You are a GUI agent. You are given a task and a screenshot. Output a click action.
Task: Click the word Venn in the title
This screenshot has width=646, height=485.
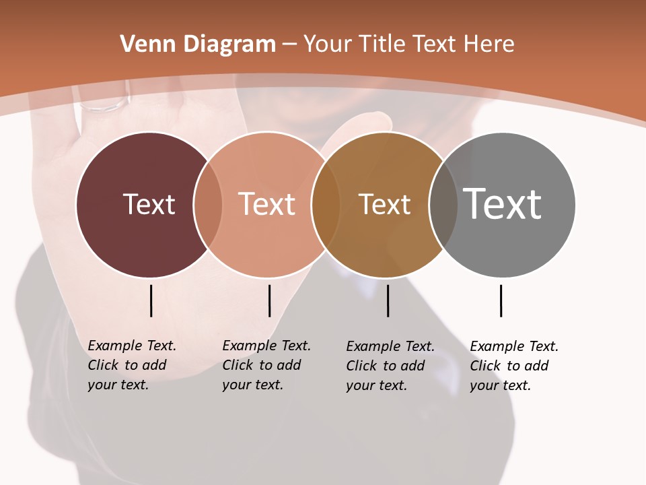[x=142, y=44]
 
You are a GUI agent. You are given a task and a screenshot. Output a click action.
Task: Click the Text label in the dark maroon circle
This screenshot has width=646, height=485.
[x=149, y=204]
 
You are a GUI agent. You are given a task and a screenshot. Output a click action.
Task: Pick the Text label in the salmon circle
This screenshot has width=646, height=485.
[x=267, y=204]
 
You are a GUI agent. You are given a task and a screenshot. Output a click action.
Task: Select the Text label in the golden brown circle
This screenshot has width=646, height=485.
[x=385, y=204]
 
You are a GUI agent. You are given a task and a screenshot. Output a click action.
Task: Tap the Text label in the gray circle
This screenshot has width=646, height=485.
[x=503, y=204]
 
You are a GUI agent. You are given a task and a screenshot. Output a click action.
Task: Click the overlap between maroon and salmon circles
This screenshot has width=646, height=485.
[x=208, y=204]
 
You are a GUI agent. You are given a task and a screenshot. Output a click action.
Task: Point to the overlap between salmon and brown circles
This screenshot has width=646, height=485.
[x=326, y=204]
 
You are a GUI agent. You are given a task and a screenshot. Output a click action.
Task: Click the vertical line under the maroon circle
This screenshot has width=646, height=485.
[x=151, y=300]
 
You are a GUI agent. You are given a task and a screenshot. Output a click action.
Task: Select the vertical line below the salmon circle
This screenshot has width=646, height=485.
[x=269, y=300]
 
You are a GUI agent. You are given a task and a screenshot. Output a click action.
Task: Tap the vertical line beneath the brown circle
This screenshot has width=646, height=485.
[x=388, y=300]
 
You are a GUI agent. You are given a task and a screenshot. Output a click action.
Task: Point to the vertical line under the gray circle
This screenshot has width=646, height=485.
[x=501, y=300]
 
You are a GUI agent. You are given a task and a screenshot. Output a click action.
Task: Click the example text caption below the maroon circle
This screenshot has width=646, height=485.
[x=132, y=365]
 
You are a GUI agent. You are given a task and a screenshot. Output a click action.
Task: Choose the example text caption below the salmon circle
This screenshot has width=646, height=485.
[x=266, y=365]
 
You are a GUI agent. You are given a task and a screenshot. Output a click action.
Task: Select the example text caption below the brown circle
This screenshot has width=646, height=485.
[x=390, y=366]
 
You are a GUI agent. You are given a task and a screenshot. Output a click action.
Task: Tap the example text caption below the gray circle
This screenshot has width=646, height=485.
[x=514, y=366]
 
